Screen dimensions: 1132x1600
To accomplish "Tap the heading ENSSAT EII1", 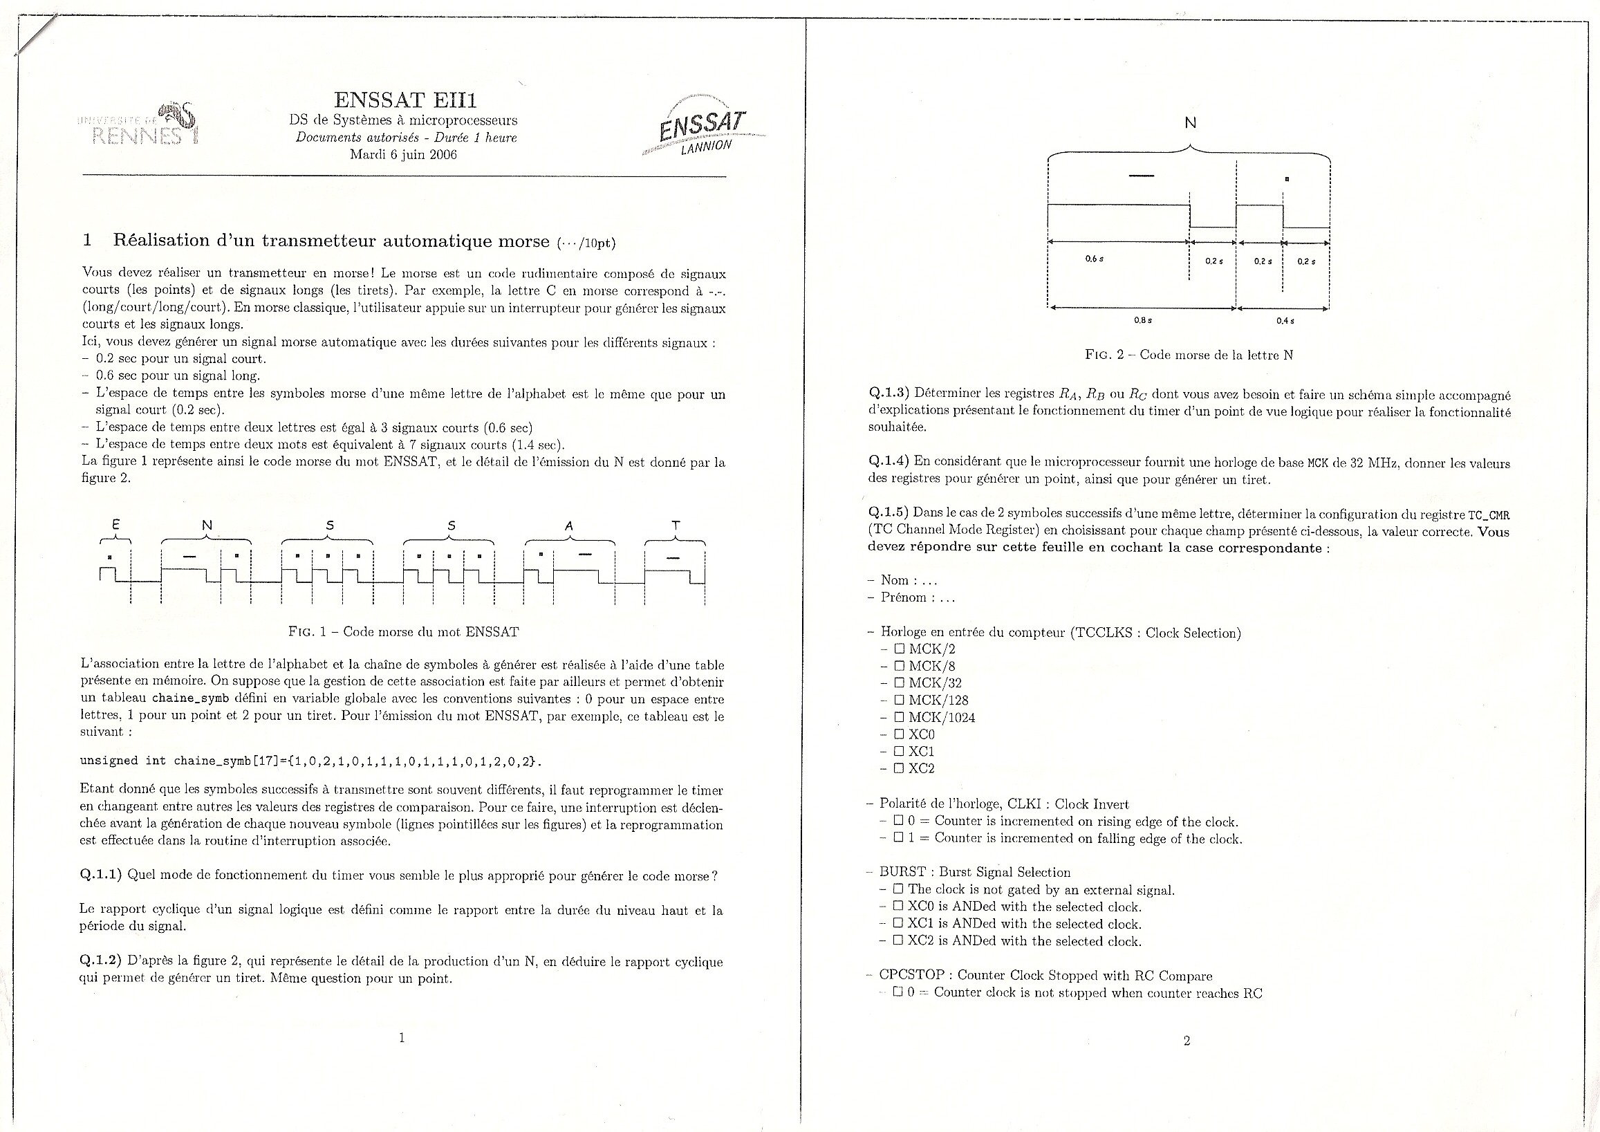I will [x=405, y=100].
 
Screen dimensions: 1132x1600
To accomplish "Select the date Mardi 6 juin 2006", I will [x=403, y=155].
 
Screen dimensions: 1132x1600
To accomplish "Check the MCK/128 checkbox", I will [x=899, y=700].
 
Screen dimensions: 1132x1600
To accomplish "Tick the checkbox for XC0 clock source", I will [x=899, y=734].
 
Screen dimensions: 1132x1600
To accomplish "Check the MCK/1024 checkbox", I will [x=899, y=717].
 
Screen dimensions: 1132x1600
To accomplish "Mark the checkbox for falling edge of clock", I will [x=899, y=838].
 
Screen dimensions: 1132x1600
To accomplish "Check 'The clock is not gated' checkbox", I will [x=898, y=889].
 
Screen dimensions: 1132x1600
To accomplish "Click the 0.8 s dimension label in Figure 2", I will [x=1143, y=321].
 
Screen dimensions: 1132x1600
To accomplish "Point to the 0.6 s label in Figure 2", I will [x=1094, y=259].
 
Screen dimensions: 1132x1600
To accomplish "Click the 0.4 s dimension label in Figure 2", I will [x=1285, y=321].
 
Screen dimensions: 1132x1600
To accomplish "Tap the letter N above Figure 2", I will [x=1190, y=122].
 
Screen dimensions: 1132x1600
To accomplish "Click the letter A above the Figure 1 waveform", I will [x=568, y=526].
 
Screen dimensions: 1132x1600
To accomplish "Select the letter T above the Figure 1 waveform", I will [x=676, y=526].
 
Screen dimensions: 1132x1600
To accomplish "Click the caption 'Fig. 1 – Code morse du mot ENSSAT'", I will [x=404, y=632].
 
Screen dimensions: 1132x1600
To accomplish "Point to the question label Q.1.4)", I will [x=889, y=461].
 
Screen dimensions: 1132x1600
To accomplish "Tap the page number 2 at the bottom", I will [x=1187, y=1041].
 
